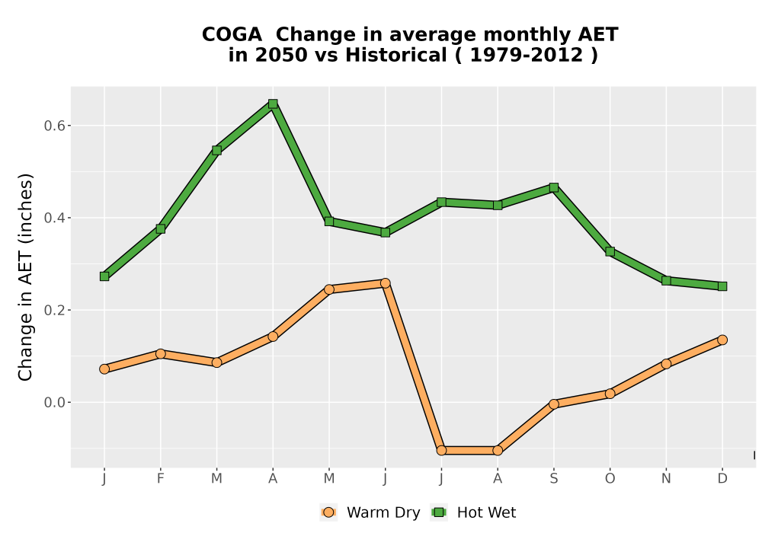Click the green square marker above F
click(x=160, y=228)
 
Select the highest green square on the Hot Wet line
click(x=273, y=104)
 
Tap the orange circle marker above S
click(x=553, y=404)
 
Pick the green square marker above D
click(x=722, y=286)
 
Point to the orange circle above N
click(x=666, y=364)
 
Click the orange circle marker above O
click(x=610, y=393)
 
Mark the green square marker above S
click(x=553, y=187)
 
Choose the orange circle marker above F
click(x=160, y=353)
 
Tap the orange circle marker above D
click(x=722, y=340)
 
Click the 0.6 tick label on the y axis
click(x=54, y=126)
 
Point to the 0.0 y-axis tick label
click(x=54, y=403)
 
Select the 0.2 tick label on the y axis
click(x=54, y=310)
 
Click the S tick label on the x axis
click(x=553, y=479)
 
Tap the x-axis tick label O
click(x=610, y=479)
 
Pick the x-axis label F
click(x=160, y=479)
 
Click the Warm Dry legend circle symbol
click(x=328, y=512)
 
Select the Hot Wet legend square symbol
click(x=439, y=512)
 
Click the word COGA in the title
click(x=232, y=35)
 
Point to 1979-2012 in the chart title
click(x=527, y=55)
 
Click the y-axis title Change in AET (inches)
click(x=25, y=277)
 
